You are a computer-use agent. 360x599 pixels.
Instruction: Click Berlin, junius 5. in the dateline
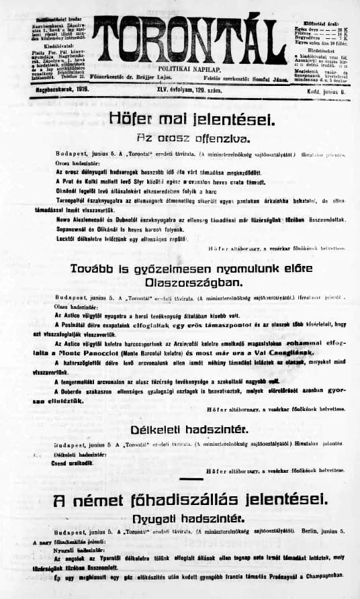(x=322, y=531)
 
